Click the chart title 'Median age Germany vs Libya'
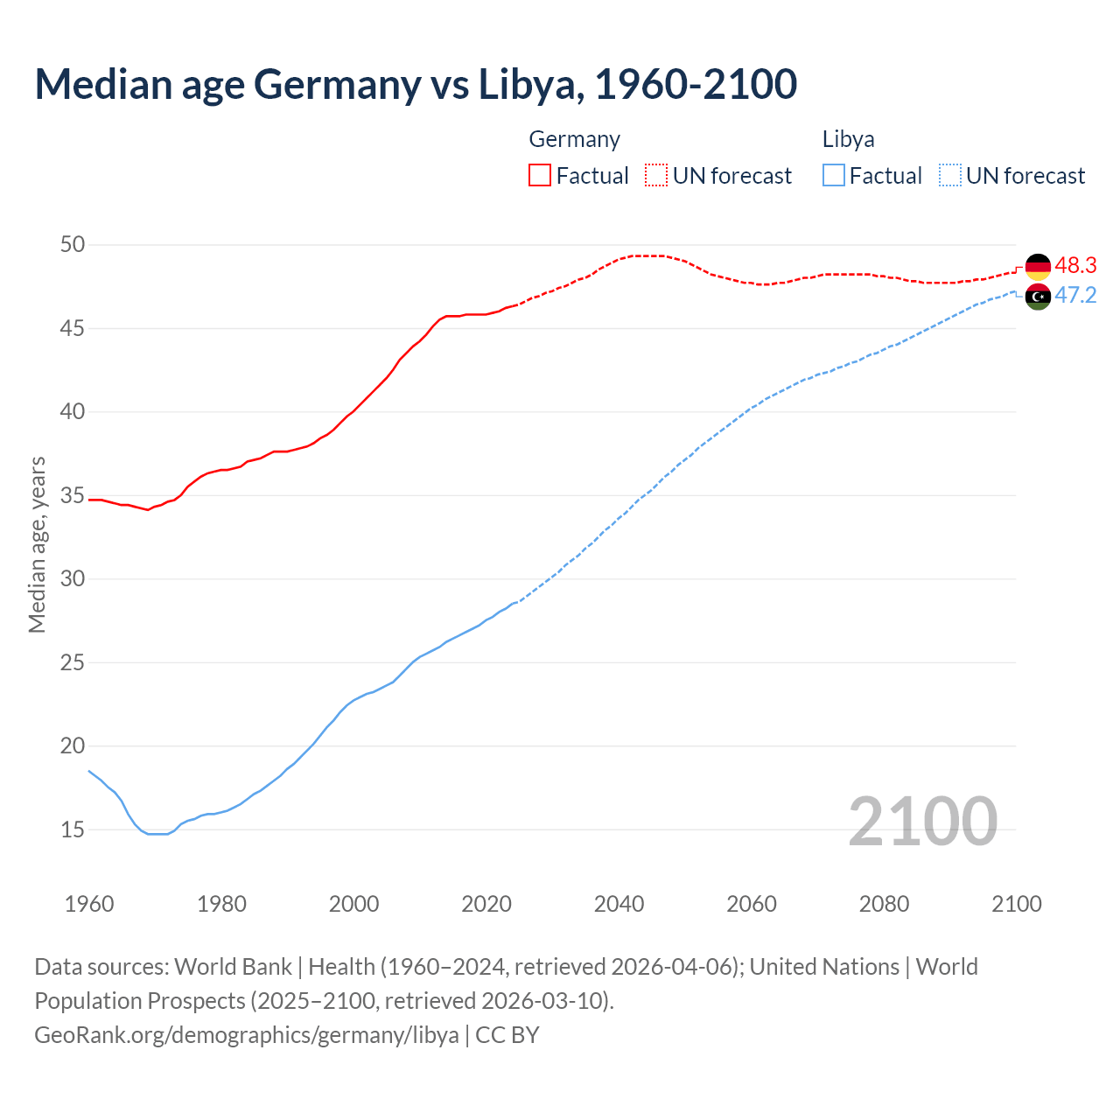point(416,84)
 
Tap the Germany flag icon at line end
point(1038,266)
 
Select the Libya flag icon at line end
point(1038,297)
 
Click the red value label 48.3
point(1075,265)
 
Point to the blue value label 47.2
point(1075,295)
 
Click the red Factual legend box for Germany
point(540,175)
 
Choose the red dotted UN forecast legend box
point(656,175)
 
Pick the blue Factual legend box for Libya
point(834,175)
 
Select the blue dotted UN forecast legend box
point(949,175)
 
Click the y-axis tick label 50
point(73,244)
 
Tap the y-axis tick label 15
point(73,829)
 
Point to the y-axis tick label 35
point(73,495)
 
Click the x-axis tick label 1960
point(89,904)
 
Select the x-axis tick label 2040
point(619,904)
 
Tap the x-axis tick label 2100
point(1016,904)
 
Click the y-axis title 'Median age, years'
point(37,544)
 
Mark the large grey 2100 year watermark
point(922,821)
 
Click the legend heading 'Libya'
point(848,139)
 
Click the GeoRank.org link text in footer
point(246,1034)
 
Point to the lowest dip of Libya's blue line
point(157,834)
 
